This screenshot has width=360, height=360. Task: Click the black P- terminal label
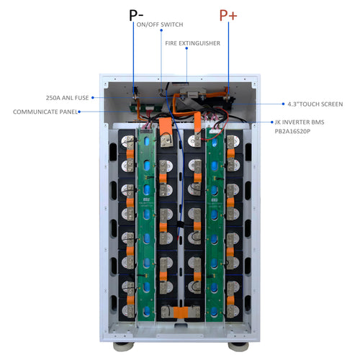[x=134, y=16]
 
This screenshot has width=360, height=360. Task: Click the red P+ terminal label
[x=228, y=16]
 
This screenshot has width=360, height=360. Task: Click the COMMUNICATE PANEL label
[x=44, y=112]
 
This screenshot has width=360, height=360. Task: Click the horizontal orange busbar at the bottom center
[x=179, y=312]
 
